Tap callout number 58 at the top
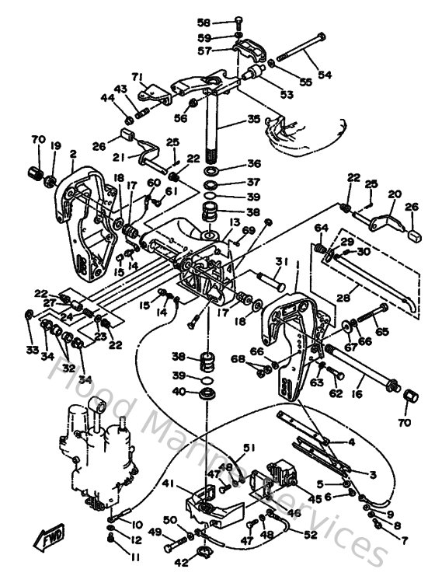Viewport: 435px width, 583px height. click(x=204, y=23)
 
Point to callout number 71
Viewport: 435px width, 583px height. click(x=138, y=76)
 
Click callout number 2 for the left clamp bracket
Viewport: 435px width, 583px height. click(x=72, y=155)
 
